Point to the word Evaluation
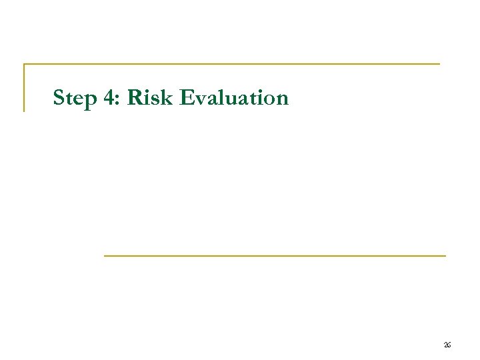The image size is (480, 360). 234,98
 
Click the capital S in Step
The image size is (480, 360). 59,98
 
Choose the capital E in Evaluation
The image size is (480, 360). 187,98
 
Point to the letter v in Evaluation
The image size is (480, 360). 200,100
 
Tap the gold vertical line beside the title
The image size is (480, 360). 25,87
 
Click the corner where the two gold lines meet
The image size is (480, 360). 25,65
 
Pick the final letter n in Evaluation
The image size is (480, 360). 282,100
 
